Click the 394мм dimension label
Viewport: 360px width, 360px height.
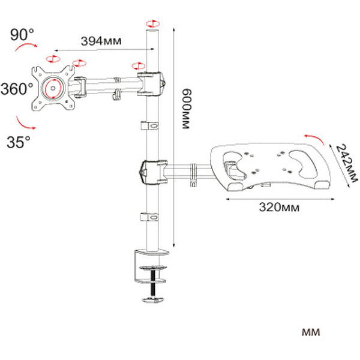(x=101, y=41)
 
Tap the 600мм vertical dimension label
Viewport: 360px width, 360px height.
(x=187, y=109)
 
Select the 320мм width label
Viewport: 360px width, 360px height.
(x=279, y=207)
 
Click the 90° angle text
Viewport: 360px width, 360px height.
(x=22, y=35)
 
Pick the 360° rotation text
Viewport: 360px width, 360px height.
(x=17, y=89)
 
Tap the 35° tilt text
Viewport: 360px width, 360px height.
(x=19, y=142)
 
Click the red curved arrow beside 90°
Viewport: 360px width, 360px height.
(x=26, y=47)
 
